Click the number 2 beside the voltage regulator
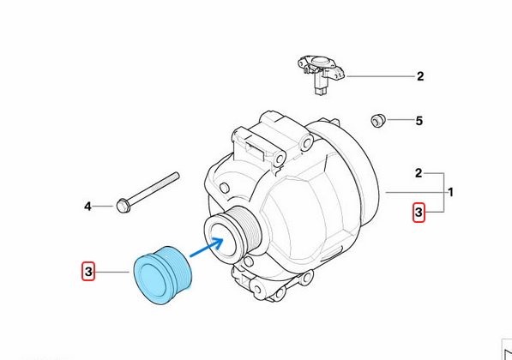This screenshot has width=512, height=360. point(420,76)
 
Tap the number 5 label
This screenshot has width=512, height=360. point(419,121)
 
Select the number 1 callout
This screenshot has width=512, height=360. point(451,192)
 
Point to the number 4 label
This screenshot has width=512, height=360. point(87,206)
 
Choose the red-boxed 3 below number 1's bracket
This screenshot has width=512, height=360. point(419,211)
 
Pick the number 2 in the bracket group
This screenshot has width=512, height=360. point(419,173)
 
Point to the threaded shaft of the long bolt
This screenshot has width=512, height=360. point(154,189)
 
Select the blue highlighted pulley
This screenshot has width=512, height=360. point(165,277)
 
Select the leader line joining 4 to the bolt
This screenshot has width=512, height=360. point(104,206)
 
